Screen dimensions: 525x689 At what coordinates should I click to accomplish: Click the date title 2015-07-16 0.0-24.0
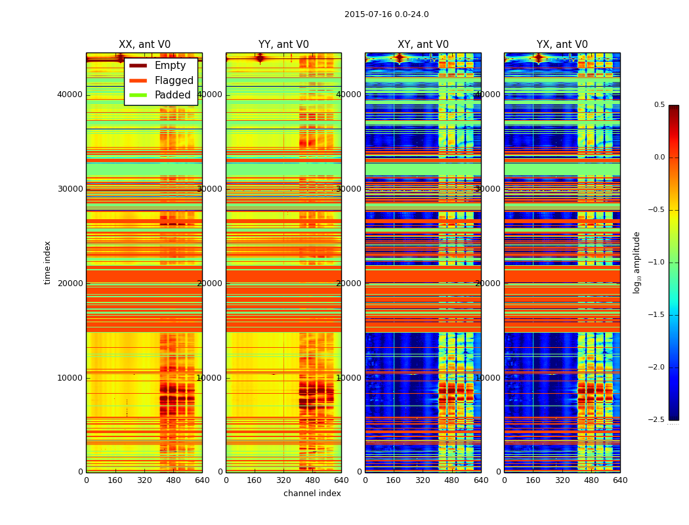coord(386,14)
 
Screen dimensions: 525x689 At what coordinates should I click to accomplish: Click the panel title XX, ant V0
coord(144,45)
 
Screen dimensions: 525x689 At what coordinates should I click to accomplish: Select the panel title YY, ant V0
coord(283,45)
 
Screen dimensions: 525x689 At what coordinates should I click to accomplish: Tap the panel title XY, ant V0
coord(423,45)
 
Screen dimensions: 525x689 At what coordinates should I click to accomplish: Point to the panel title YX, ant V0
coord(562,45)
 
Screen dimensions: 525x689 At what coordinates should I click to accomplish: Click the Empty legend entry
coord(170,66)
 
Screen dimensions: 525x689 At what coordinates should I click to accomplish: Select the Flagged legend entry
coord(174,81)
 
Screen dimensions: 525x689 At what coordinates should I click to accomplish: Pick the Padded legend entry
coord(173,95)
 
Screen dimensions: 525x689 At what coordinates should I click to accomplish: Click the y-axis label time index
coord(47,262)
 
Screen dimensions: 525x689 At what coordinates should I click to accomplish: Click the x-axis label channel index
coord(312,493)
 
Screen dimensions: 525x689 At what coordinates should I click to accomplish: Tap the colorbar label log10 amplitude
coord(637,262)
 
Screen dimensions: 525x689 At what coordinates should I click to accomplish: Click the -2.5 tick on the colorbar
coord(657,419)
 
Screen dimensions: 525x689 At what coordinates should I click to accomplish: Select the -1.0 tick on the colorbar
coord(657,262)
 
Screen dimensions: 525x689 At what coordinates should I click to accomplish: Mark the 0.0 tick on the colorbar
coord(657,157)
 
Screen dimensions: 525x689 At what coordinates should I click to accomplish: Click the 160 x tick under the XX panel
coord(115,480)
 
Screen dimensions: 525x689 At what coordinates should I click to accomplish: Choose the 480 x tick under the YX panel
coord(591,480)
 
